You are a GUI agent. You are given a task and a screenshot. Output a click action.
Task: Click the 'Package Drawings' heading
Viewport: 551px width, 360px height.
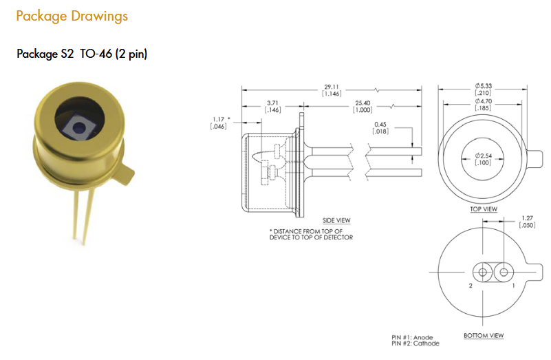[x=72, y=17]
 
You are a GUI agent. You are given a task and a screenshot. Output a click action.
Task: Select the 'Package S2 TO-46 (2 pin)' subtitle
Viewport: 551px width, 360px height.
[x=82, y=54]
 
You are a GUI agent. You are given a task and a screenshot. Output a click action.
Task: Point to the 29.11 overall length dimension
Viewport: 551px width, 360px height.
[x=332, y=90]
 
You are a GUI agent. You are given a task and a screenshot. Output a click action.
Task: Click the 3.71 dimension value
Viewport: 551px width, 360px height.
[x=272, y=106]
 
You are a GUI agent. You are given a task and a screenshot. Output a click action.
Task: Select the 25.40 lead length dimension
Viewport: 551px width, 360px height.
[x=363, y=106]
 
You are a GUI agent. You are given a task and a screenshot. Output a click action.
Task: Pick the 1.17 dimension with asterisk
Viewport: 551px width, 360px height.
[x=220, y=123]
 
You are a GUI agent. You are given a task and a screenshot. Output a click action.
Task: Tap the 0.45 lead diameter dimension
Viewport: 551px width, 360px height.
[x=380, y=127]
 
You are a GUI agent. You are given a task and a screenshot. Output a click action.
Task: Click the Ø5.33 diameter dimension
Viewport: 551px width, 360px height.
[x=483, y=89]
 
